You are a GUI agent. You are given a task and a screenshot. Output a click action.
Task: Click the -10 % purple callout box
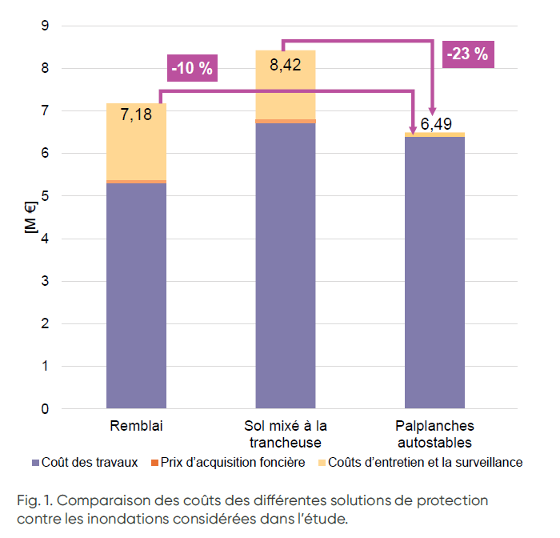tap(192, 67)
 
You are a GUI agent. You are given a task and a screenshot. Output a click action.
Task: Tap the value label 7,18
tap(136, 116)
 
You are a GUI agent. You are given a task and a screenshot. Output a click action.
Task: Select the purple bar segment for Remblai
tap(136, 296)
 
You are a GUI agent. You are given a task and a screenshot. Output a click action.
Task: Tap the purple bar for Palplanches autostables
tap(434, 272)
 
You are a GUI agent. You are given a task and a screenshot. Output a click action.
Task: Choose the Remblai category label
tap(136, 425)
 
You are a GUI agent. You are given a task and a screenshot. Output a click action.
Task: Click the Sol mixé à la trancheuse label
tap(286, 433)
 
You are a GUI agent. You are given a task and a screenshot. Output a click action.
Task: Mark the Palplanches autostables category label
tap(434, 433)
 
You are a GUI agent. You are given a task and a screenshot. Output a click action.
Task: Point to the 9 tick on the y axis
tap(67, 26)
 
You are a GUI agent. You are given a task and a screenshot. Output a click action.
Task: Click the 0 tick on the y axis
tap(67, 409)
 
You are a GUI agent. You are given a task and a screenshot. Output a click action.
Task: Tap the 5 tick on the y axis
tap(67, 196)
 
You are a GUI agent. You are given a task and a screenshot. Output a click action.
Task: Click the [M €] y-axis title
tap(31, 217)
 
